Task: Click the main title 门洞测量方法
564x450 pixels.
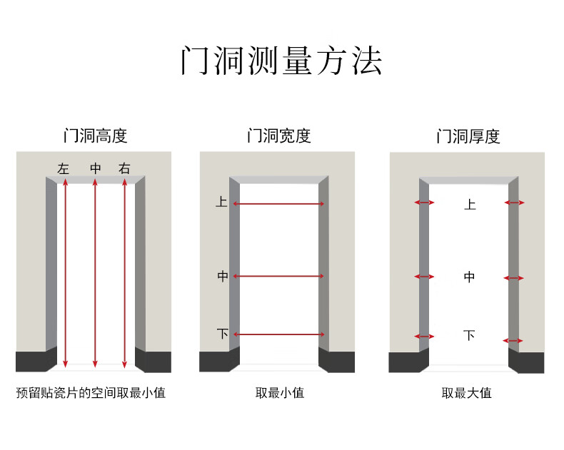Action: pyautogui.click(x=281, y=61)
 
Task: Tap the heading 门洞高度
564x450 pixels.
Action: pyautogui.click(x=95, y=135)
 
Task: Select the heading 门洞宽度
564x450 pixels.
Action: pyautogui.click(x=278, y=135)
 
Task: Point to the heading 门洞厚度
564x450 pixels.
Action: pyautogui.click(x=468, y=136)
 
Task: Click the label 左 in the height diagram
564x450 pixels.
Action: pyautogui.click(x=64, y=169)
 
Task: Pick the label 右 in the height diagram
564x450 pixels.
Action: pyautogui.click(x=125, y=169)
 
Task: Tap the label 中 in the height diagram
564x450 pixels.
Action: pyautogui.click(x=96, y=169)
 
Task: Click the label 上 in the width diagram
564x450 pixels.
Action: pyautogui.click(x=222, y=203)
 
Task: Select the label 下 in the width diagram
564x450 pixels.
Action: pyautogui.click(x=222, y=333)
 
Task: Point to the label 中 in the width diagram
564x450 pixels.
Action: pyautogui.click(x=222, y=276)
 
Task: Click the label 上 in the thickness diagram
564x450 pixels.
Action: pyautogui.click(x=469, y=205)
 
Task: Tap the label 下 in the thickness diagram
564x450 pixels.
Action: pyautogui.click(x=469, y=335)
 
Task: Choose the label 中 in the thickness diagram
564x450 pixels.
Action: pyautogui.click(x=469, y=277)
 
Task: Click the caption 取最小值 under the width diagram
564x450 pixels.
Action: pyautogui.click(x=279, y=392)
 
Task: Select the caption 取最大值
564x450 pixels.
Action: pyautogui.click(x=466, y=392)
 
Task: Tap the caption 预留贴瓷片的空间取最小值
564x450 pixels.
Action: pyautogui.click(x=91, y=392)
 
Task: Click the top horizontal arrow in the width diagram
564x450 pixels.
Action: pyautogui.click(x=278, y=205)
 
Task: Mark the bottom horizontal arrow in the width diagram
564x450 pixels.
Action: pyautogui.click(x=278, y=334)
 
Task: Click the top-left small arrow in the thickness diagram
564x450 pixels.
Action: pyautogui.click(x=424, y=203)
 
